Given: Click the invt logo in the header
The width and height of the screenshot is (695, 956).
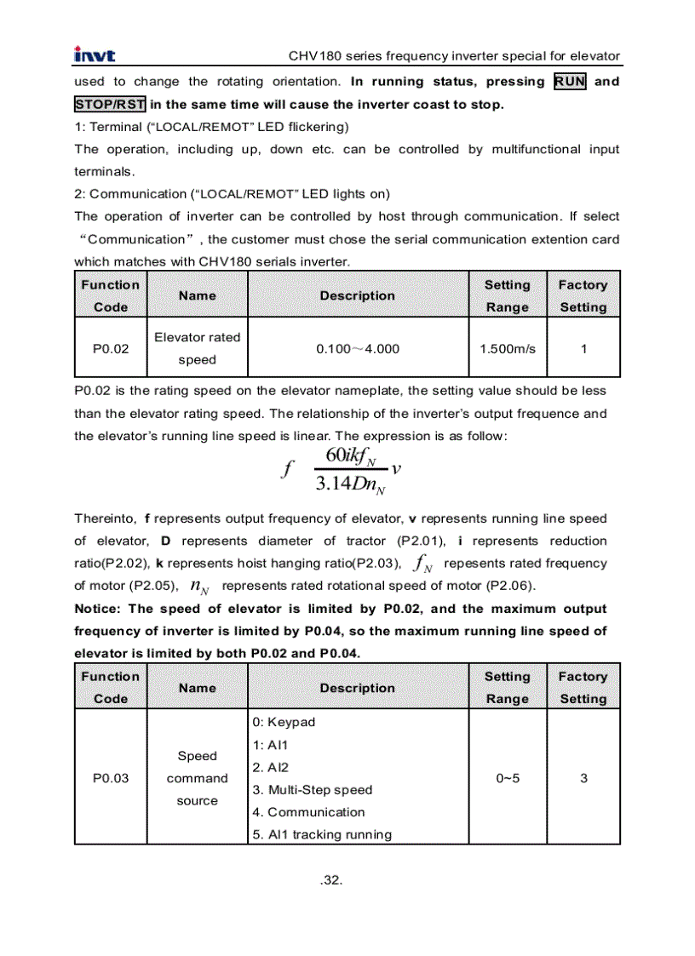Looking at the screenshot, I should [95, 56].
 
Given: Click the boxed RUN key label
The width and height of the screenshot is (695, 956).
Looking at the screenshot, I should [570, 82].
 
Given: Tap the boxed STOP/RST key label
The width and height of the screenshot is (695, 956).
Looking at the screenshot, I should [110, 105].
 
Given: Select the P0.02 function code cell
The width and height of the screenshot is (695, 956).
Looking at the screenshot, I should [111, 348].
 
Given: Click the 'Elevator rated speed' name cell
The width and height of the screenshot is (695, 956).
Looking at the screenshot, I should [197, 348].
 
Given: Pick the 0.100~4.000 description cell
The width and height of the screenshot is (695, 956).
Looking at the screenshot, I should [358, 348].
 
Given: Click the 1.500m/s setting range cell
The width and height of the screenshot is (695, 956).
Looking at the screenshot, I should [508, 348].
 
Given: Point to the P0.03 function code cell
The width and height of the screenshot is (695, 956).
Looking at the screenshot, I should [111, 778].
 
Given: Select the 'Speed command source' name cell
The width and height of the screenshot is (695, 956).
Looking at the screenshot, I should [197, 778].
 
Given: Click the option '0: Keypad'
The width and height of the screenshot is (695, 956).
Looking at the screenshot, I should [284, 722].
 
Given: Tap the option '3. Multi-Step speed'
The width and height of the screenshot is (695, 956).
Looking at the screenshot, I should [313, 789].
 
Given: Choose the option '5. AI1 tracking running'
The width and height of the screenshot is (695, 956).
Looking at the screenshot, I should [322, 834].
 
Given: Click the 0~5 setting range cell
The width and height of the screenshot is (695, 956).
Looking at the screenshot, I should [508, 778].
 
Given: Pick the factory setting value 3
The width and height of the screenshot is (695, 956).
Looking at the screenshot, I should [583, 778].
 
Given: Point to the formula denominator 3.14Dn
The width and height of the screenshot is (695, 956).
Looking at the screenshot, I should [350, 485].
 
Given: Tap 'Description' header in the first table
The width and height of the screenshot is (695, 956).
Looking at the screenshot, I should [358, 295].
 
